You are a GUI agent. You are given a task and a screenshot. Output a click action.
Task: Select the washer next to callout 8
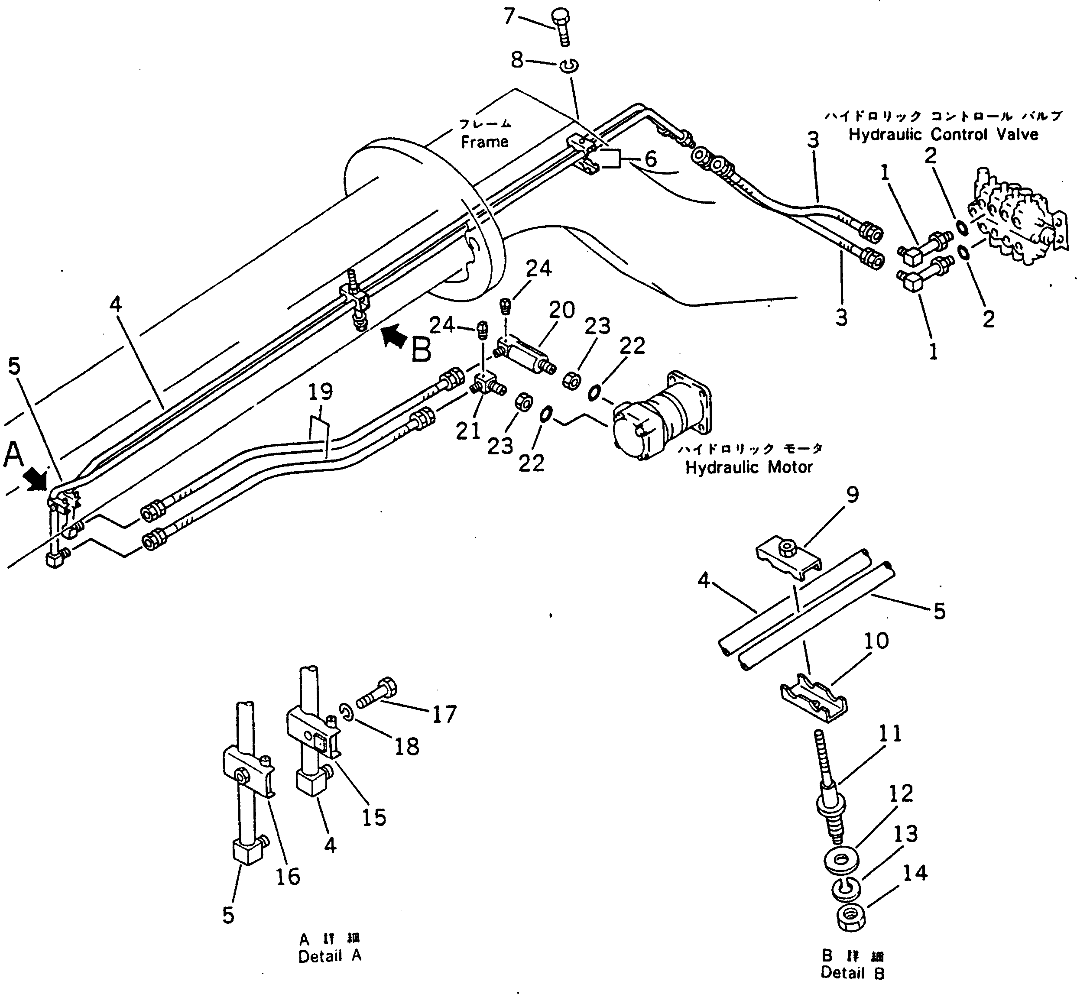point(568,66)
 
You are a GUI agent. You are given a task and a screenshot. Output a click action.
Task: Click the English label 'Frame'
point(484,142)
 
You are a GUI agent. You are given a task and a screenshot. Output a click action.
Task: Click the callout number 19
point(321,392)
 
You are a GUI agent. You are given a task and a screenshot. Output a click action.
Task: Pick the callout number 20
point(561,311)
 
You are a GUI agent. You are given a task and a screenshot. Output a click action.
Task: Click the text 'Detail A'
point(330,956)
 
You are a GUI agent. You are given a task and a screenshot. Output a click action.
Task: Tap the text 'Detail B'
point(852,972)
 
